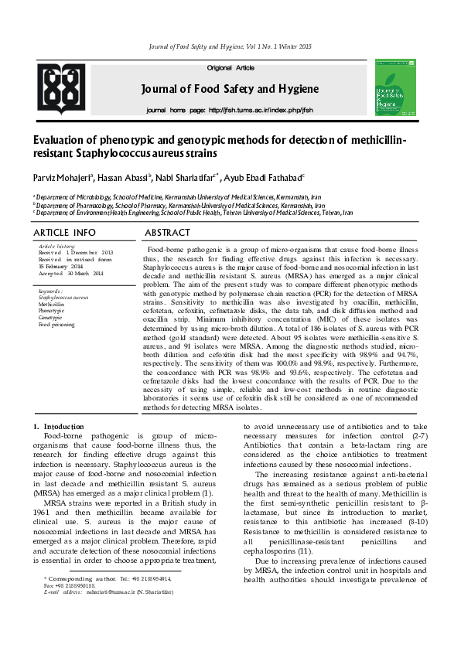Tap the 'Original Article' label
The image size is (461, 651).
tap(230, 68)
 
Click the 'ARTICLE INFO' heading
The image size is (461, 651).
tap(65, 233)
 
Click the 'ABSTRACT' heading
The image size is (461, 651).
tap(168, 233)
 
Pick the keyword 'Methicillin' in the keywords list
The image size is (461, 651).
tap(52, 304)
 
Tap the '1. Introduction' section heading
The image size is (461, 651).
tap(53, 427)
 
